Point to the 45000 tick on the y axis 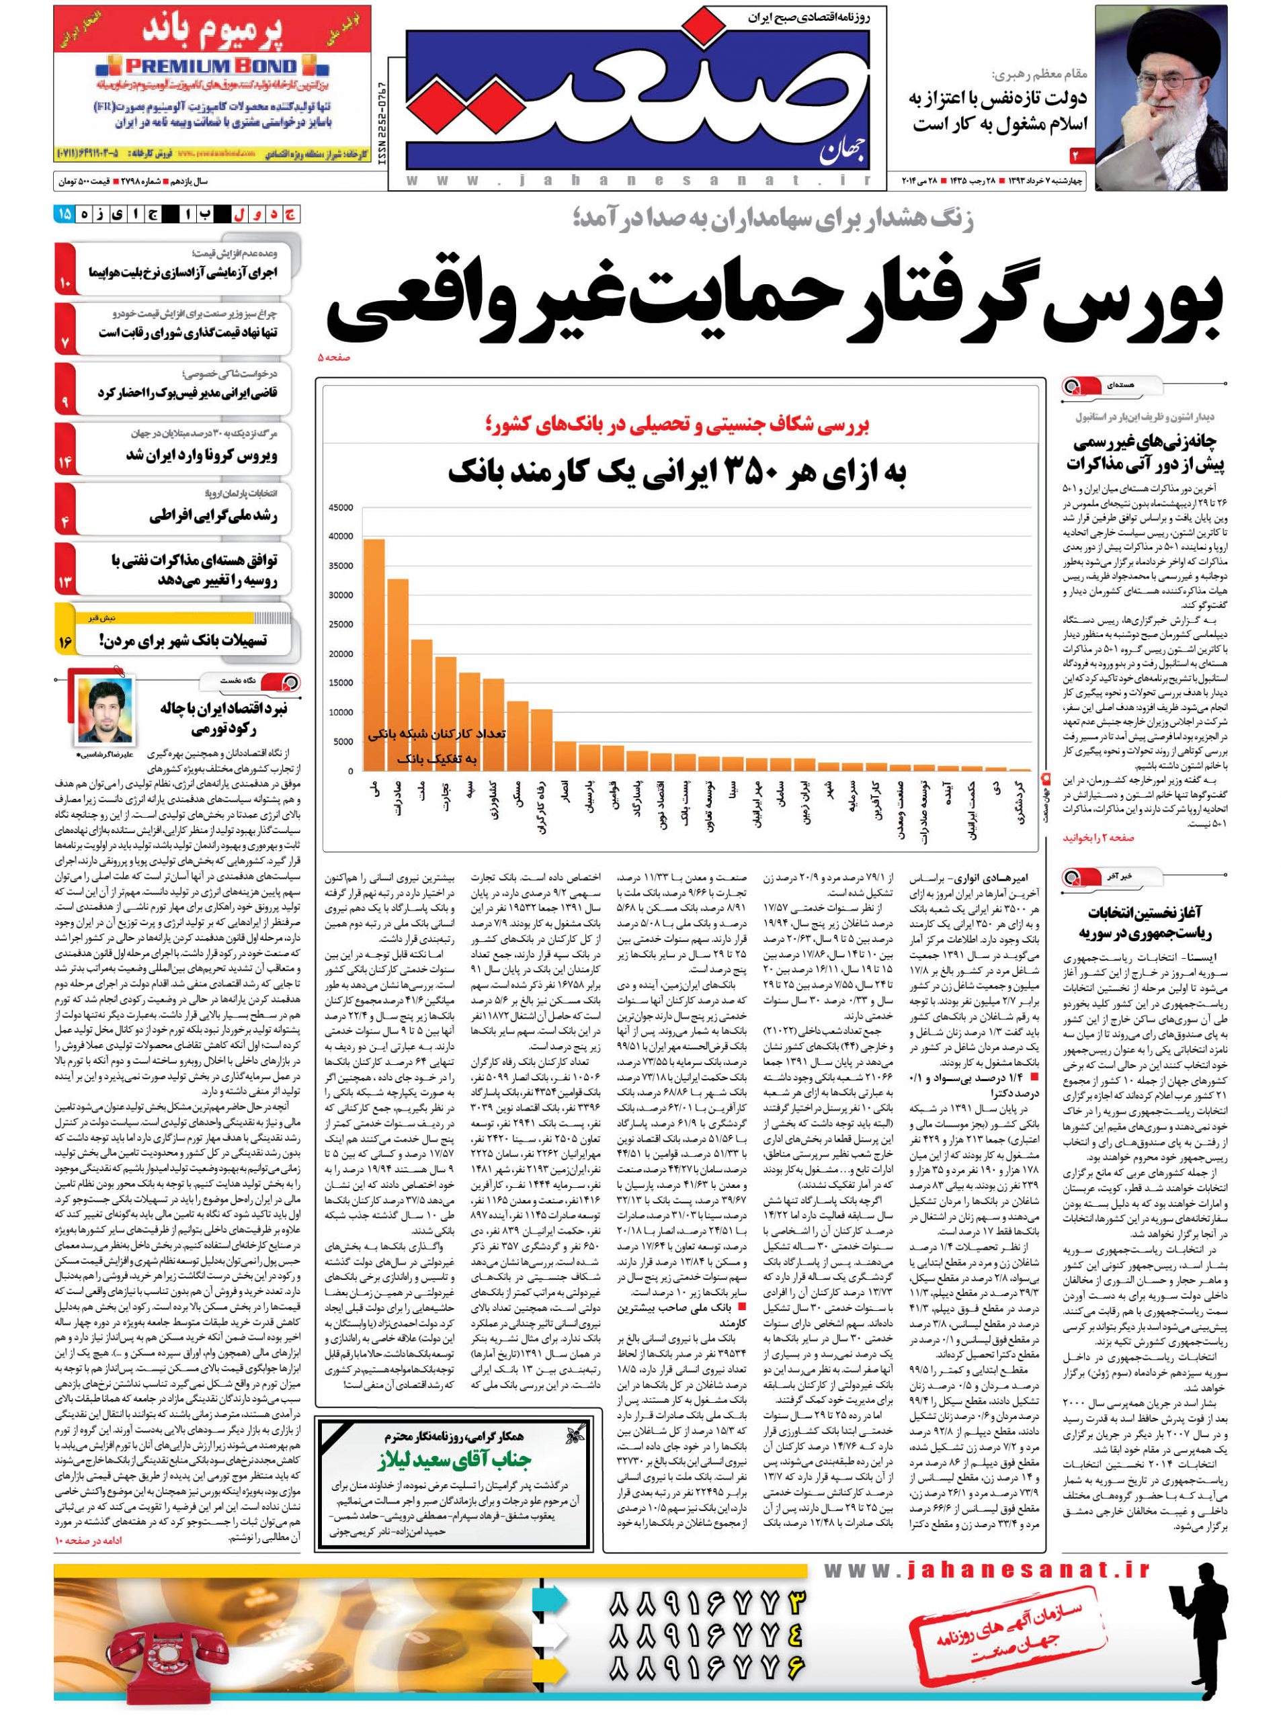341,508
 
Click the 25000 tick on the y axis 341,624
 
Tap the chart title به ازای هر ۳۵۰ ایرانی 679,473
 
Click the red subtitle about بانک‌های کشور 679,424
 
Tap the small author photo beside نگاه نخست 100,708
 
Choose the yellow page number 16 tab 65,642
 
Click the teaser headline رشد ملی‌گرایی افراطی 213,516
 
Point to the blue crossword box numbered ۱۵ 65,214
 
